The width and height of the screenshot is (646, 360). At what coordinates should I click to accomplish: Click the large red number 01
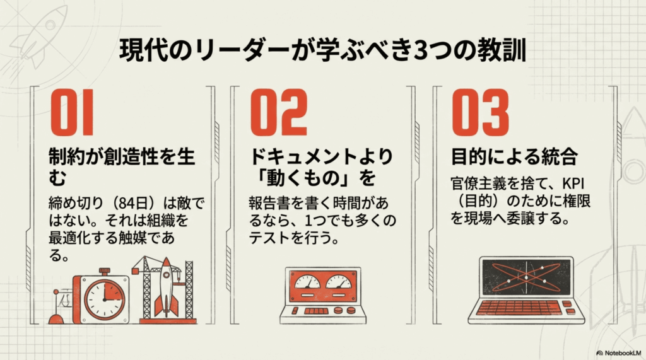pos(72,112)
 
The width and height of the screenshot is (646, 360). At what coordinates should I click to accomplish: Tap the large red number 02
pos(279,112)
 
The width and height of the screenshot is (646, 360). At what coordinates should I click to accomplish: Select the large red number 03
pos(480,112)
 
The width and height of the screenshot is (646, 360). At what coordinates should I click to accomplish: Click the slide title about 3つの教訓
pos(323,50)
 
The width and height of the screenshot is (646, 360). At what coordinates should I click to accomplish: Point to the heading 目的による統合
pos(514,157)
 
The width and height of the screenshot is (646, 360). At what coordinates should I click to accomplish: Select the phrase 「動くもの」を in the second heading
pos(313,178)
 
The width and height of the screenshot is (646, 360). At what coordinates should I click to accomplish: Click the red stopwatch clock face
pos(104,299)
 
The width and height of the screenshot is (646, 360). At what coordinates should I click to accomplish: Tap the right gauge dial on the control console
pos(339,282)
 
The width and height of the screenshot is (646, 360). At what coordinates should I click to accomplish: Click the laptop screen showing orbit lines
pos(527,277)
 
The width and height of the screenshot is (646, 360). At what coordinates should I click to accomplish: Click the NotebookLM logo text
pos(623,353)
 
